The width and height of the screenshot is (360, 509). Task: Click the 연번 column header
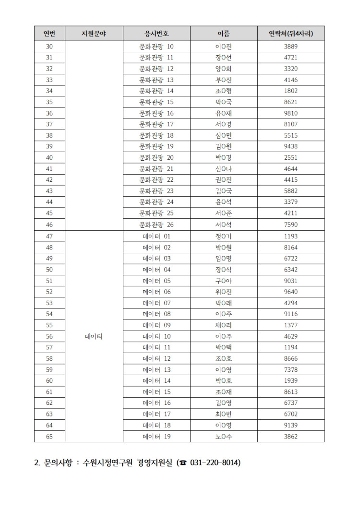[49, 34]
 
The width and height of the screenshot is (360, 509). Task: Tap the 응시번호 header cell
[156, 34]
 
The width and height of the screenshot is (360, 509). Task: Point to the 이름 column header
[224, 34]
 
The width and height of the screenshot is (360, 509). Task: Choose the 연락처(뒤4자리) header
[291, 34]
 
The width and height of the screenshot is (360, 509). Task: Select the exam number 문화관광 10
[156, 47]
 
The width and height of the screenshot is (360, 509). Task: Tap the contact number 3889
[291, 47]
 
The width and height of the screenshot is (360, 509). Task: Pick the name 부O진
[224, 80]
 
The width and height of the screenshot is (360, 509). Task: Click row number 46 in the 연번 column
[49, 225]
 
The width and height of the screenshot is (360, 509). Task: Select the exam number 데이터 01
[156, 236]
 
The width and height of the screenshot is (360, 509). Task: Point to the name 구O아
[224, 281]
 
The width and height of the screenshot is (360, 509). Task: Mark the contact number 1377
[291, 325]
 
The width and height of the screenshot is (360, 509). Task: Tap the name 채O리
[224, 325]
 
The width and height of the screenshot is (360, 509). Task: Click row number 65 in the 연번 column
[49, 436]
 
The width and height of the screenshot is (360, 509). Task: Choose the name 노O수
[224, 436]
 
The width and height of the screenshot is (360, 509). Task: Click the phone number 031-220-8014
[213, 462]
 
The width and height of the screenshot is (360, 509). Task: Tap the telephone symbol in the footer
[182, 463]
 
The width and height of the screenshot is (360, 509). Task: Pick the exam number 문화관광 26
[156, 225]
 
